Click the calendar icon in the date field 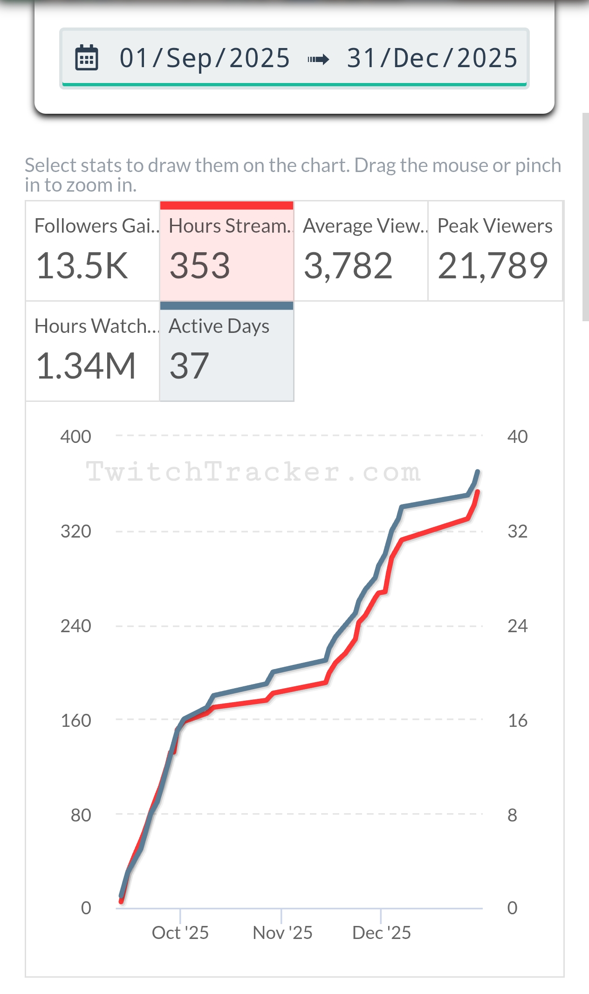[x=87, y=58]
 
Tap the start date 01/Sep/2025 [x=205, y=58]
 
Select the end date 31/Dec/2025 [x=432, y=58]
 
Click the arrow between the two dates [x=318, y=59]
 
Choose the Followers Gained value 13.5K [x=82, y=266]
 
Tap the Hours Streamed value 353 [x=199, y=266]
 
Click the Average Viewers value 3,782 [x=348, y=266]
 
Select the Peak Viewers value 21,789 [x=493, y=266]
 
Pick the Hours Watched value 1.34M [x=86, y=366]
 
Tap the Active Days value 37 [x=189, y=366]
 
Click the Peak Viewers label [x=494, y=226]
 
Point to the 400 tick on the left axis [x=75, y=437]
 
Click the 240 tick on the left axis [x=75, y=626]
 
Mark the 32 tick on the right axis [x=517, y=532]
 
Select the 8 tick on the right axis [x=512, y=815]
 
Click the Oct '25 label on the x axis [x=180, y=933]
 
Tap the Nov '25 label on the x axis [x=282, y=933]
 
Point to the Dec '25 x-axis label [x=382, y=933]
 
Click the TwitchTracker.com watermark [x=253, y=472]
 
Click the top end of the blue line [x=477, y=472]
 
